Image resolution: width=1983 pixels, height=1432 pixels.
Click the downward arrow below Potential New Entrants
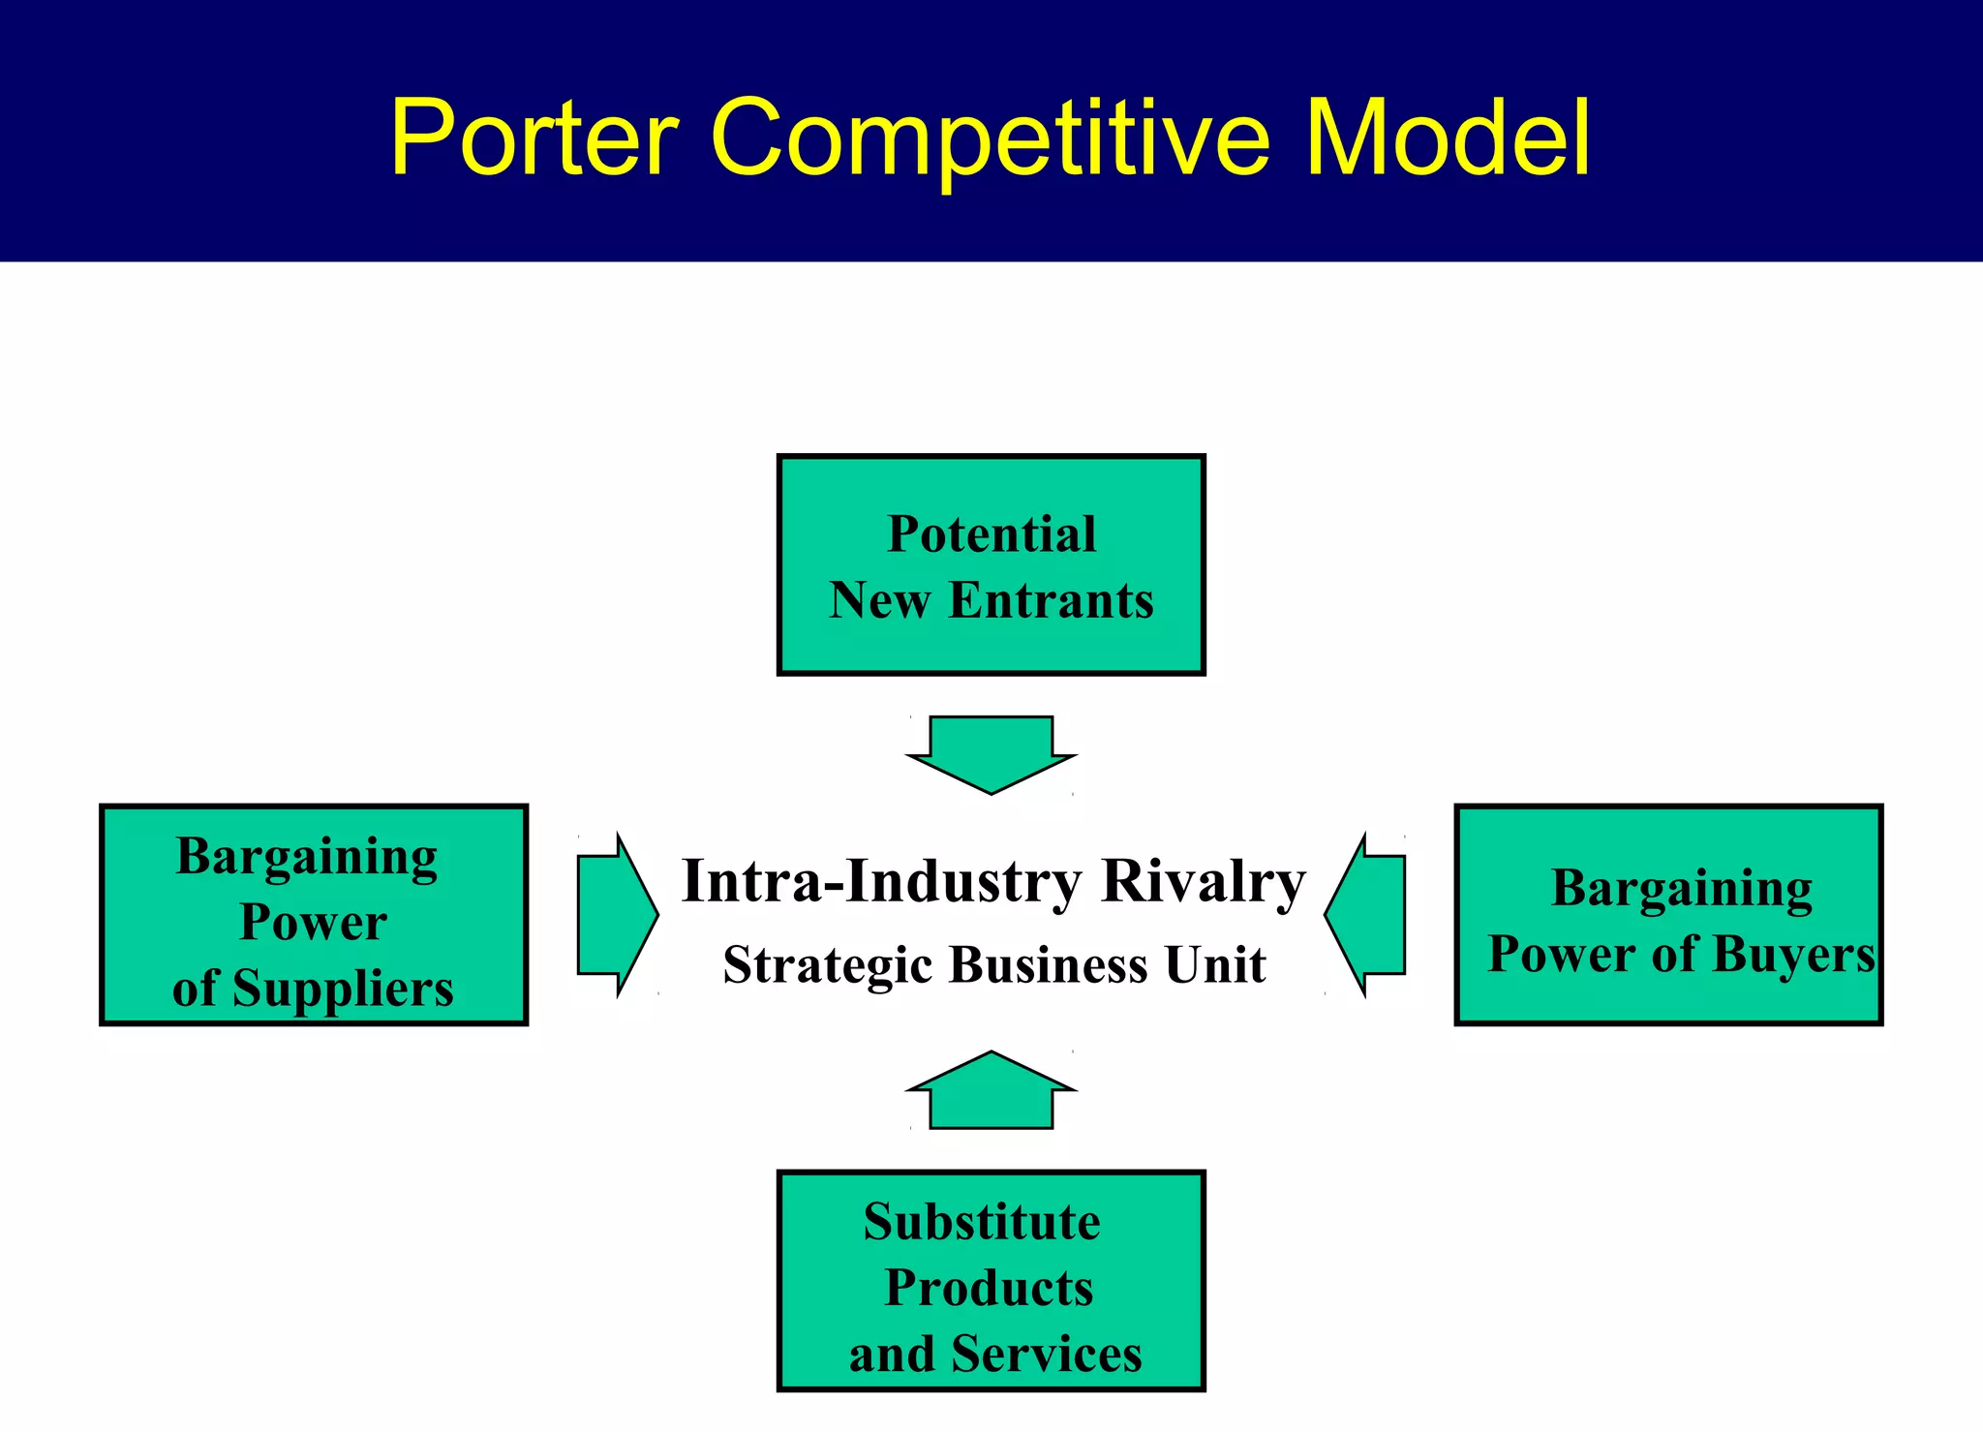pos(991,753)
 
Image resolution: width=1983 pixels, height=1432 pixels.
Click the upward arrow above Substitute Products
pos(991,1091)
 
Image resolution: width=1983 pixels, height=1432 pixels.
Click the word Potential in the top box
pos(991,534)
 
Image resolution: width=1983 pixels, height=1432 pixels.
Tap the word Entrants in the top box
pos(1051,600)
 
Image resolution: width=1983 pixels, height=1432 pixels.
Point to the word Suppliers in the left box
pos(343,989)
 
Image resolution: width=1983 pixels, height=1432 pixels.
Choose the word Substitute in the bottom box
pos(982,1222)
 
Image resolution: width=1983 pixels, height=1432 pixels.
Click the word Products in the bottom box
pos(989,1288)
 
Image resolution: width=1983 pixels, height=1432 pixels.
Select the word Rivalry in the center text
pos(1204,882)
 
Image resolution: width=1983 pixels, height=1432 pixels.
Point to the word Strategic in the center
pos(827,965)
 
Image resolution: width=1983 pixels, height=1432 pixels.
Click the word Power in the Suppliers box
pos(313,922)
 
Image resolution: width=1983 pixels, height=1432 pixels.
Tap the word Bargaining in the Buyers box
pos(1682,888)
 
